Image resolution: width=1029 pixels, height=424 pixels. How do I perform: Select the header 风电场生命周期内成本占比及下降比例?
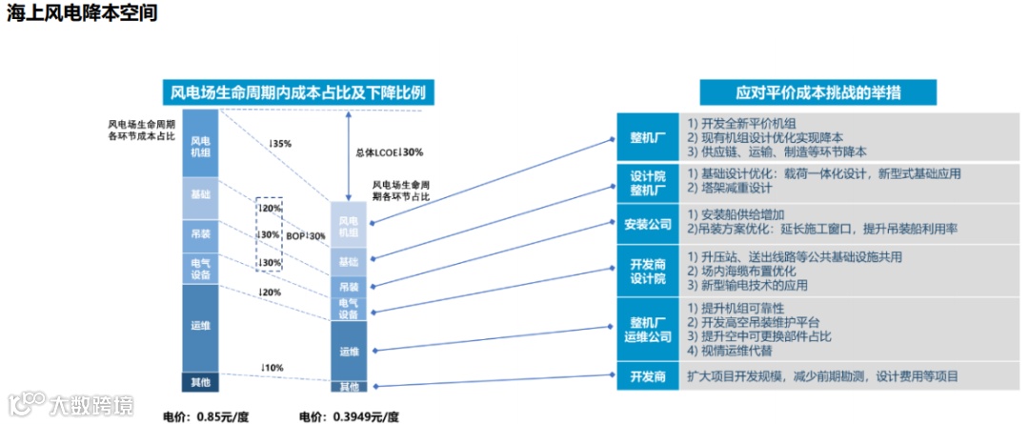point(298,92)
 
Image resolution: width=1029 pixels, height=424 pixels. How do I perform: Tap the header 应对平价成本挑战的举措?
point(819,92)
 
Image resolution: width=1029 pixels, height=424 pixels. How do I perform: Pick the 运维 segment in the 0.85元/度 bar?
point(201,327)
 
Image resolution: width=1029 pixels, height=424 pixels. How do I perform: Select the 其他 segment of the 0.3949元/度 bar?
point(349,386)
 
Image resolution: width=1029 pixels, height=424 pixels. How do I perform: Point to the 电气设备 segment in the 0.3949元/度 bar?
point(349,309)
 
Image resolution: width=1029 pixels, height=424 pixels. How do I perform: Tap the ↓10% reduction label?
point(272,368)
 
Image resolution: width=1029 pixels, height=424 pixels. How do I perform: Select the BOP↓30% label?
point(306,235)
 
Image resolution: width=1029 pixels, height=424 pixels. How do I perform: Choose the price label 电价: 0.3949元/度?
point(350,415)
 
